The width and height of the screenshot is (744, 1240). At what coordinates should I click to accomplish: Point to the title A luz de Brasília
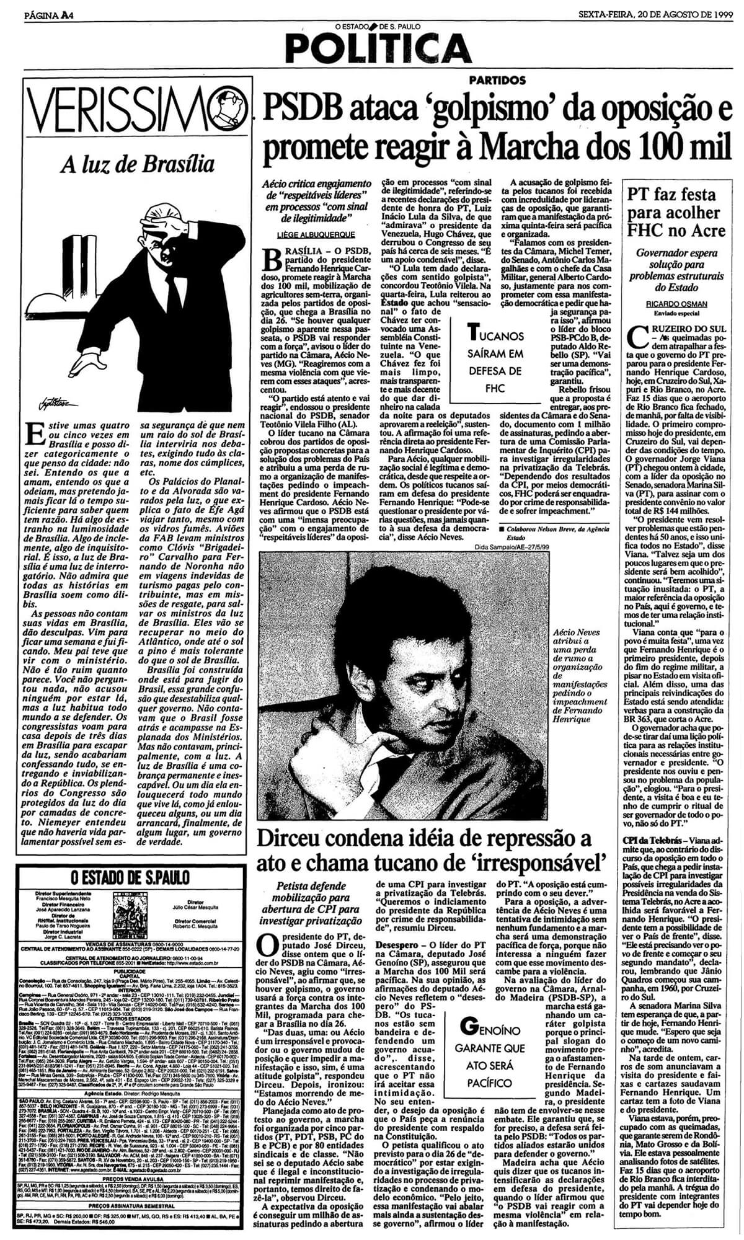point(138,165)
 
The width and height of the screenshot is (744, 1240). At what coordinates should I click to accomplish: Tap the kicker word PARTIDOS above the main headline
point(497,80)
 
